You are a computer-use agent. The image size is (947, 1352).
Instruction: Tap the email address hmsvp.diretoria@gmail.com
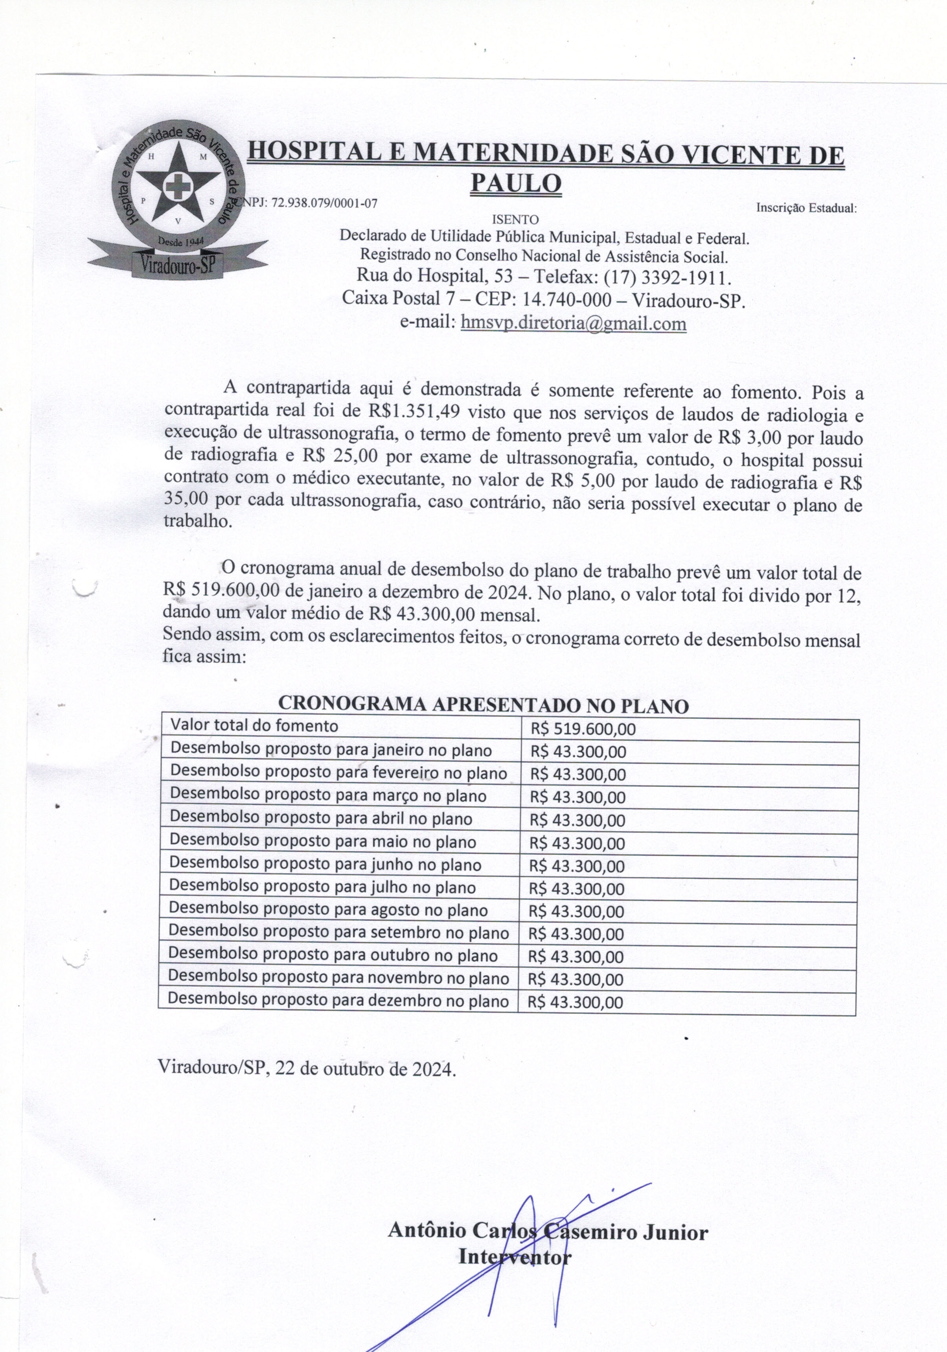point(573,323)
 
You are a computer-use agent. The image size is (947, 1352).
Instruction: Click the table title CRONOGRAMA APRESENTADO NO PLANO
point(483,705)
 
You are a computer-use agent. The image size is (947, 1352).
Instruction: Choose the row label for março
point(328,796)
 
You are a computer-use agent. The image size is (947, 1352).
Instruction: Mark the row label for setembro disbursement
point(338,933)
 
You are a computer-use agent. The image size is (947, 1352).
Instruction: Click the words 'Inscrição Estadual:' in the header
point(806,208)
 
